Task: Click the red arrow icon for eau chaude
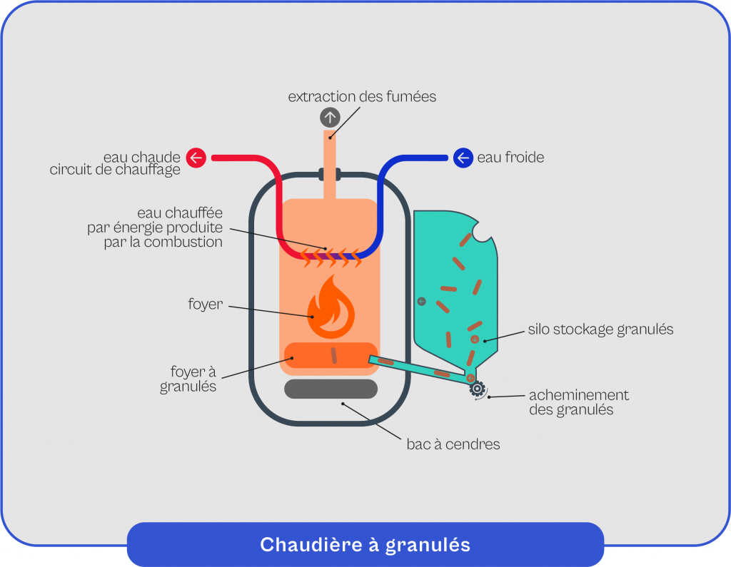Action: pos(196,157)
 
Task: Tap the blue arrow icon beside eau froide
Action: pos(463,157)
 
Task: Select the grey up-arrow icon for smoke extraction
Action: pos(330,117)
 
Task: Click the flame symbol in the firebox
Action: pos(331,308)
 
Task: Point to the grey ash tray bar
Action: pos(331,389)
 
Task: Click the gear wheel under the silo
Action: pos(477,389)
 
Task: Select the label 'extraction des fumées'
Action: pos(362,96)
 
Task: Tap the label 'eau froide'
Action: pos(510,157)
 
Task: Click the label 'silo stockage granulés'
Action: pos(600,330)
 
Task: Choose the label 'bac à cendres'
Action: pos(453,444)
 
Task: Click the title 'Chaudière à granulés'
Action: pos(365,545)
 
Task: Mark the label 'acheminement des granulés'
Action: pos(578,402)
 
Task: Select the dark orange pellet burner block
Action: pos(331,354)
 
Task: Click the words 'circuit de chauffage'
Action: pos(115,170)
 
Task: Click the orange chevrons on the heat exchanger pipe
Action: pos(329,256)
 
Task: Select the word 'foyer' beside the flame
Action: pos(206,305)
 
